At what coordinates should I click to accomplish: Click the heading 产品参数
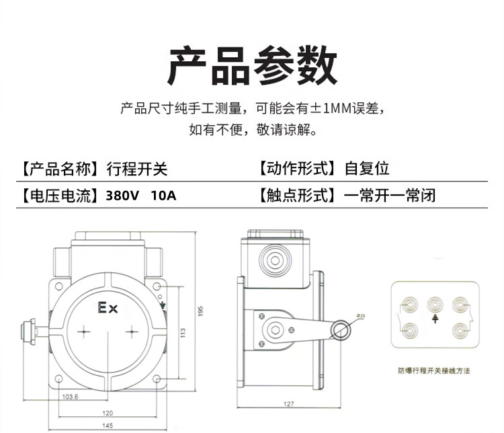(x=251, y=66)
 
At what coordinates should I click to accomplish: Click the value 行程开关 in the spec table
(x=136, y=168)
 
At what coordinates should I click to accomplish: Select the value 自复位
(x=367, y=168)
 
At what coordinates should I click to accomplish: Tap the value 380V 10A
(x=142, y=196)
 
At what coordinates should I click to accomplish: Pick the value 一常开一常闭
(x=390, y=196)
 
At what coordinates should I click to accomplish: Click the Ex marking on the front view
(x=108, y=309)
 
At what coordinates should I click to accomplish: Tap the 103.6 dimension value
(x=70, y=397)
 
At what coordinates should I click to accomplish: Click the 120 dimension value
(x=108, y=412)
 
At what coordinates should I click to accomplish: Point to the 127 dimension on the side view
(x=290, y=405)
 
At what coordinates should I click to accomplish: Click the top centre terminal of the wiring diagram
(x=435, y=303)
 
